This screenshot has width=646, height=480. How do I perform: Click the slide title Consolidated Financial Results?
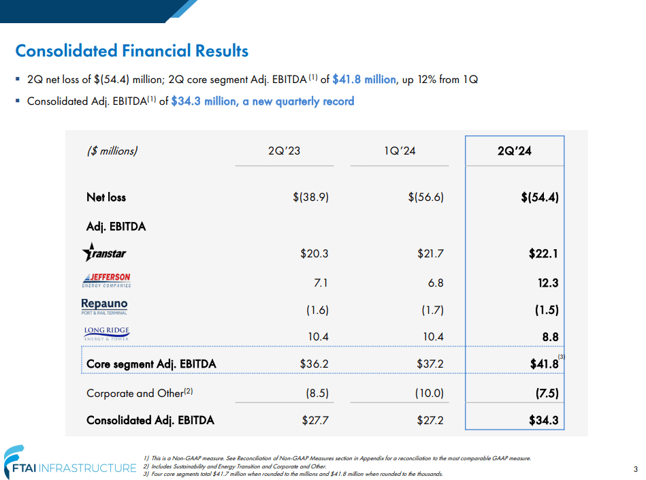click(x=131, y=51)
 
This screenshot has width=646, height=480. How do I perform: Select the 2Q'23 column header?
click(x=284, y=151)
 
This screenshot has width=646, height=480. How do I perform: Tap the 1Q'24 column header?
click(x=399, y=151)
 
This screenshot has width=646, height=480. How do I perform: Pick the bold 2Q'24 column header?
click(x=514, y=151)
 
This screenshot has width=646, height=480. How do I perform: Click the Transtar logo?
click(x=104, y=253)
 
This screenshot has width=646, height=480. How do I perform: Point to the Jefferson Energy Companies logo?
click(x=106, y=281)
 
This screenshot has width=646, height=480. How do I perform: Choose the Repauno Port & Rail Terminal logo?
click(x=104, y=307)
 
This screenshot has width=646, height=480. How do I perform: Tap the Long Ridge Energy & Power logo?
click(x=106, y=334)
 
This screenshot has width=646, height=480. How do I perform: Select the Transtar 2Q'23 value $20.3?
click(x=314, y=254)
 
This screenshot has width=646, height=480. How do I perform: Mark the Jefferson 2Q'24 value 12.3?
click(x=547, y=282)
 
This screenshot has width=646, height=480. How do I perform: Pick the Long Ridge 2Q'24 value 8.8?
click(x=550, y=336)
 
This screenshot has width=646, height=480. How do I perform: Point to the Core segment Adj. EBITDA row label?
click(x=151, y=364)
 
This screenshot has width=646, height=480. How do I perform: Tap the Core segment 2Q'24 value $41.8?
click(x=543, y=364)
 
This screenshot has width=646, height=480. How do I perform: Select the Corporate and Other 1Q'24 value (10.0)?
click(x=429, y=393)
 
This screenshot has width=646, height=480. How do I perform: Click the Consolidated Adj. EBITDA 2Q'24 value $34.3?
click(x=543, y=420)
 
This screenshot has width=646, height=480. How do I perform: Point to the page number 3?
click(x=634, y=468)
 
